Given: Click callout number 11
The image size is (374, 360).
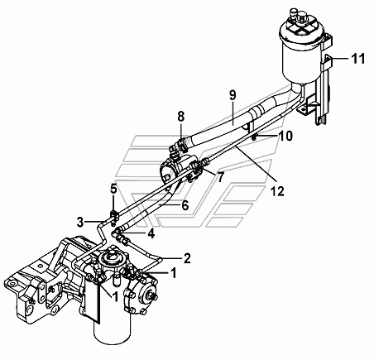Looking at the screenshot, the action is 358,59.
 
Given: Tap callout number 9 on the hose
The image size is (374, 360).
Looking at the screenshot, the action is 233,95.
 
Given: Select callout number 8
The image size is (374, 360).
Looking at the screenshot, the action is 180,116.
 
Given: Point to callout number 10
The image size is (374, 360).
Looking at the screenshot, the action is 286,136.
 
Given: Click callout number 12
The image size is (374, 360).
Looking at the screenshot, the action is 277,191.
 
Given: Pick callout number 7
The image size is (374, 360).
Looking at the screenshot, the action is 220,178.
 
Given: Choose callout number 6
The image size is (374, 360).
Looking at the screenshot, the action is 185,205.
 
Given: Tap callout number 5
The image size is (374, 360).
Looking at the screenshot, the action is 113,189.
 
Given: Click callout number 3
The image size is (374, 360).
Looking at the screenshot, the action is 80,222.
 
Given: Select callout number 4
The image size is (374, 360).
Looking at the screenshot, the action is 151,234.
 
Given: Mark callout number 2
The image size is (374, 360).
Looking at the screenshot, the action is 187,258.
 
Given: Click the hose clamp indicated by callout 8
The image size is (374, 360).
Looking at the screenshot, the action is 180,146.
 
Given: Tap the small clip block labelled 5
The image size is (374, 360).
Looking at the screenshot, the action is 114,215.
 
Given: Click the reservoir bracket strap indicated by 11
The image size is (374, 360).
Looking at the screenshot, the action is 328,61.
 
